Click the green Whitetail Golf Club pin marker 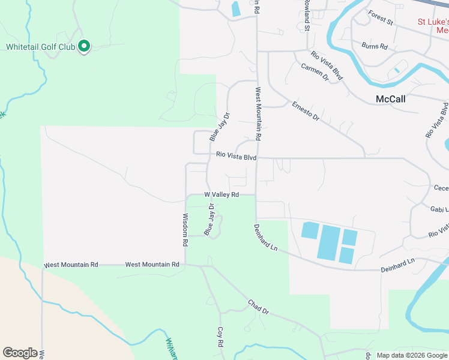[85, 46]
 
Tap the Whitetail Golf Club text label [41, 46]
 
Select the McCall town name [390, 99]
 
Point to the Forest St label [380, 18]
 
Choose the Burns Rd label [375, 46]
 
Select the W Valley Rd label [221, 194]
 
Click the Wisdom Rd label [185, 230]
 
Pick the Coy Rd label [220, 338]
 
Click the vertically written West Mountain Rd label [258, 114]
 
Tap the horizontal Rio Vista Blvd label [237, 158]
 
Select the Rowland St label [306, 15]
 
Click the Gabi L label [439, 209]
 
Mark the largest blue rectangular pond [328, 242]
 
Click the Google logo [19, 353]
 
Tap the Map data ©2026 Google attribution [411, 355]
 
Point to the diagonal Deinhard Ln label [265, 238]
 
